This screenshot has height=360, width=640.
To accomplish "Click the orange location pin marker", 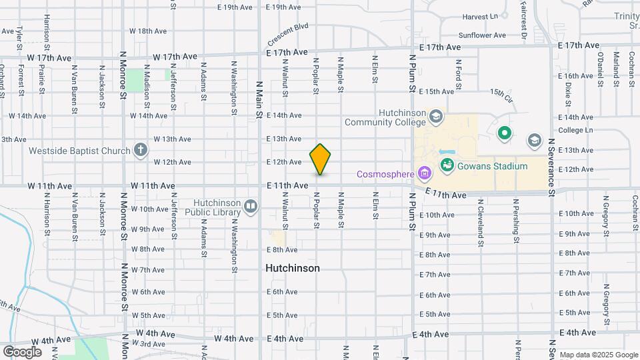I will [320, 159].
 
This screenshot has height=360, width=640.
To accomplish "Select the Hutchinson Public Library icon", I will [251, 206].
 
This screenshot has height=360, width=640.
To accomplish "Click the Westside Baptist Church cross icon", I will [140, 149].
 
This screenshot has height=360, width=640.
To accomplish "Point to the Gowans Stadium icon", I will [447, 165].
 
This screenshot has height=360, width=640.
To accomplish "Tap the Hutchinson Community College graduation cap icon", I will [436, 117].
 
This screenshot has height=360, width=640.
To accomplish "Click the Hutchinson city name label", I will [292, 268].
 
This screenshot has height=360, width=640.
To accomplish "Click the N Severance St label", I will [552, 167].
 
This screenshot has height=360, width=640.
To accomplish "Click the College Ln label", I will [575, 130].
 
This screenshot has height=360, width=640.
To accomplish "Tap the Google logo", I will [23, 351].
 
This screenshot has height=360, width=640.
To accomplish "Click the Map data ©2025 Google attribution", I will [598, 355].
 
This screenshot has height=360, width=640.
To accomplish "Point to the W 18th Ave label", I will [147, 31].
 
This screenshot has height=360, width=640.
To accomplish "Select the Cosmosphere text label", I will [385, 174].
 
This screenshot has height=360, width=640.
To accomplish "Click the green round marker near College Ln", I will [505, 134].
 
